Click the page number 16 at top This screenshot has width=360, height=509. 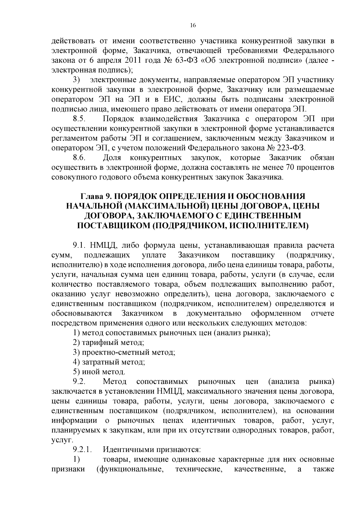click(193, 25)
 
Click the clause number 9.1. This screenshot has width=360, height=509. click(79, 245)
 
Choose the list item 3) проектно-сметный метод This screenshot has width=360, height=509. click(124, 352)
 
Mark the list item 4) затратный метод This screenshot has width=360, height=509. click(109, 362)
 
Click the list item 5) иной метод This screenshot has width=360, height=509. click(99, 372)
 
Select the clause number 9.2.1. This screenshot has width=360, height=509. click(82, 450)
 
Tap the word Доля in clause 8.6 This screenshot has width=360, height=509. click(112, 158)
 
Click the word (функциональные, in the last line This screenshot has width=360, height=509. click(130, 469)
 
